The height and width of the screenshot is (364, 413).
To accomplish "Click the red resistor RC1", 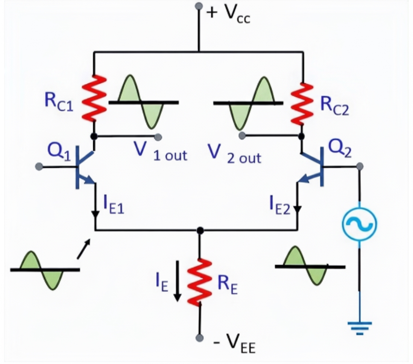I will point(93,98).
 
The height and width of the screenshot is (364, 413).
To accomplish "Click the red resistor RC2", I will point(303,104).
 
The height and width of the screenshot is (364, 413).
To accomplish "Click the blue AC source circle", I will point(359,224).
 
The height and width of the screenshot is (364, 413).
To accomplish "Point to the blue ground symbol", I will point(359,327).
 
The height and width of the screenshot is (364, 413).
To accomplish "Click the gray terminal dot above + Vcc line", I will point(199,6).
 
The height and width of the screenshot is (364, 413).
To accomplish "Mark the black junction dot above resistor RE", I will point(200,230).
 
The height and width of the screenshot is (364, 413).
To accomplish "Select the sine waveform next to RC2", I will point(249,102).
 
